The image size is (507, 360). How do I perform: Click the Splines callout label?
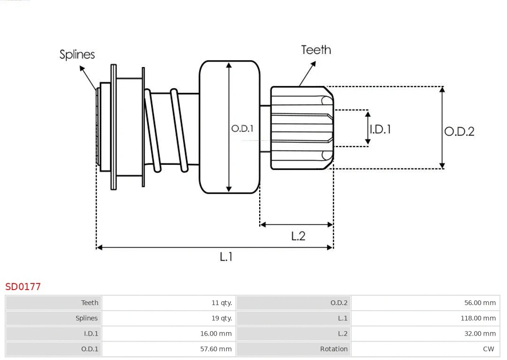(77, 54)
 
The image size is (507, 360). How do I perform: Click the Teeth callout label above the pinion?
(316, 50)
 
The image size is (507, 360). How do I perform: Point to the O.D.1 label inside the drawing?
(242, 128)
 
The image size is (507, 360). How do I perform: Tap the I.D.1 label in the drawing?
(380, 129)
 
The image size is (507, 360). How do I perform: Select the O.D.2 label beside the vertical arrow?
(459, 131)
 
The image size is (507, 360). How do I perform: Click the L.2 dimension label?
(298, 236)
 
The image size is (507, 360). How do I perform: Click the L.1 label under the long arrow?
(226, 257)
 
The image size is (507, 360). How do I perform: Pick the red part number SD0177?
(23, 286)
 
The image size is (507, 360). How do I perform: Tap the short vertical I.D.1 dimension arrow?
(368, 128)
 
